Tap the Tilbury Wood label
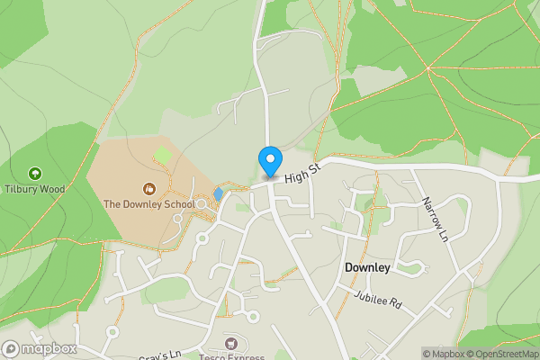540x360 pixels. click(x=34, y=189)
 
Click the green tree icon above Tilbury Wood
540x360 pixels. click(x=34, y=173)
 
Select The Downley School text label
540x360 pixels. click(x=148, y=204)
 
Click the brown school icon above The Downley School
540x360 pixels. click(x=149, y=188)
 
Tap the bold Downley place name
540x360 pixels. click(x=367, y=268)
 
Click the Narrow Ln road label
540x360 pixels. click(x=435, y=221)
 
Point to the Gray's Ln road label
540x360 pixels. click(x=162, y=353)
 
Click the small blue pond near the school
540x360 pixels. click(x=218, y=193)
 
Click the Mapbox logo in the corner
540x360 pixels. click(x=39, y=348)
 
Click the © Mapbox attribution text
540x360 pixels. click(x=442, y=353)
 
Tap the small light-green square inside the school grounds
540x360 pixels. click(x=163, y=156)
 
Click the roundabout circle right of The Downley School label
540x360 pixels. click(x=203, y=205)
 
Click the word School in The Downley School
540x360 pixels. click(x=178, y=204)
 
